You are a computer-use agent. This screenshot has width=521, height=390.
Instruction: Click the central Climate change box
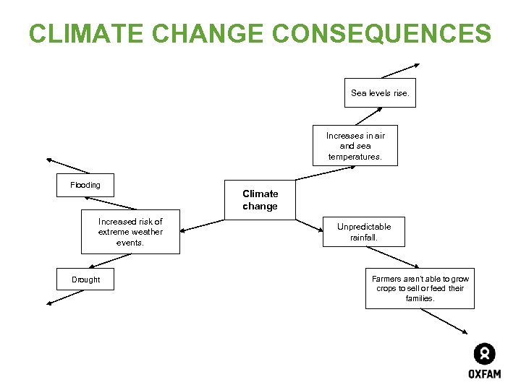[260, 199]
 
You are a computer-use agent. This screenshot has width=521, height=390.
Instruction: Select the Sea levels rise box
[380, 92]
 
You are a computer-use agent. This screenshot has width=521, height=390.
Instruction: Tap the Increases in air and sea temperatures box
[355, 146]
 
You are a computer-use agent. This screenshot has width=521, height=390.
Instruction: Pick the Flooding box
[85, 185]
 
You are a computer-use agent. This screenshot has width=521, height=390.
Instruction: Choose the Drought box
[85, 279]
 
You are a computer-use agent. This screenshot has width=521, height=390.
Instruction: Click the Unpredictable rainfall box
[364, 232]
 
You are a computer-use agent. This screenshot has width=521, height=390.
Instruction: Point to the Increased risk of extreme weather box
[130, 232]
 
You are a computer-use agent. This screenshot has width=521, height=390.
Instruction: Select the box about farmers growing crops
[420, 288]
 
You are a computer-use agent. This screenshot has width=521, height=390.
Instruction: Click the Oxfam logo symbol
[484, 354]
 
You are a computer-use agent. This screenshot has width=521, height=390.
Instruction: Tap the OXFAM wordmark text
[484, 374]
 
